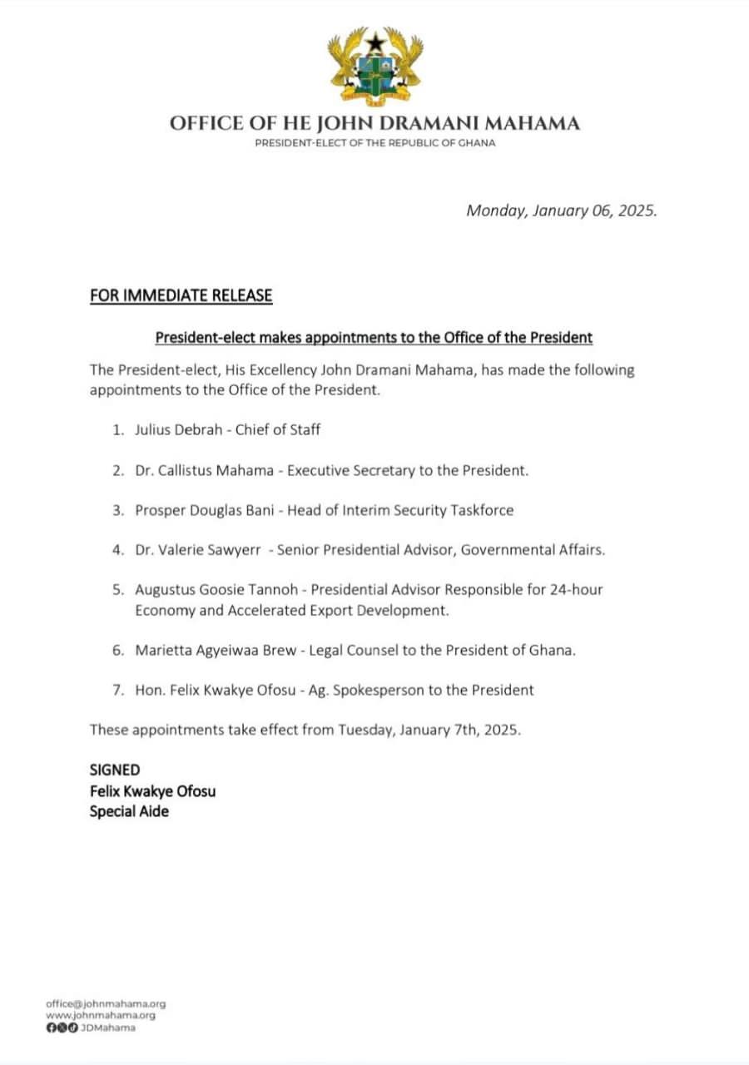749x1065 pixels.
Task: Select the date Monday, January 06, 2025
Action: pos(562,211)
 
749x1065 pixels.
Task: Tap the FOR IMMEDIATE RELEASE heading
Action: pos(181,295)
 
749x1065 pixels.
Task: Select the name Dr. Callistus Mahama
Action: pos(206,470)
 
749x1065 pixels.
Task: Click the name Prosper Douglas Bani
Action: pos(206,510)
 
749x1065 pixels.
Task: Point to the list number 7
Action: pos(117,690)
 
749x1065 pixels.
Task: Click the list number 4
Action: pos(117,550)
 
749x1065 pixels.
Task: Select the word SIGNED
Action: pos(115,770)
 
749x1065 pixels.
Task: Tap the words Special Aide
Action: pos(129,810)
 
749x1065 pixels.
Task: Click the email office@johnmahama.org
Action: pos(106,1004)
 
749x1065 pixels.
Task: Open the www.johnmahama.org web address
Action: pos(101,1016)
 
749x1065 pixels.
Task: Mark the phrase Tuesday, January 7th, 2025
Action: pos(429,730)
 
